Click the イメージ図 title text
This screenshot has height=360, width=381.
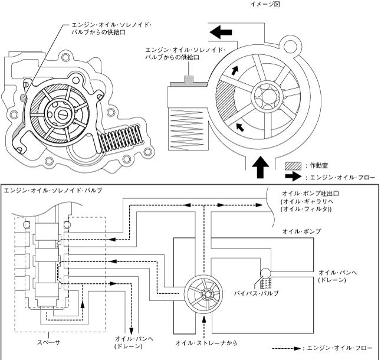pyautogui.click(x=265, y=4)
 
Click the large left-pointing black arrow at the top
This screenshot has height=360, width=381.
pyautogui.click(x=221, y=32)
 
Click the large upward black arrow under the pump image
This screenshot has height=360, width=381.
pyautogui.click(x=261, y=167)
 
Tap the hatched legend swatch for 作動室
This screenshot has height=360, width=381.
pyautogui.click(x=293, y=166)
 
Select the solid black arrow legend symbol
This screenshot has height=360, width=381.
pyautogui.click(x=293, y=176)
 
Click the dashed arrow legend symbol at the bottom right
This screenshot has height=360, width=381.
pyautogui.click(x=287, y=348)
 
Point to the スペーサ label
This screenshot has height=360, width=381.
pyautogui.click(x=48, y=342)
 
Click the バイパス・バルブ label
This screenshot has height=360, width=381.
pyautogui.click(x=256, y=293)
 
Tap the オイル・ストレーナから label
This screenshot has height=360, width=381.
pyautogui.click(x=206, y=343)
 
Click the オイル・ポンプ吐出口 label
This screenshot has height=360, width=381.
pyautogui.click(x=311, y=194)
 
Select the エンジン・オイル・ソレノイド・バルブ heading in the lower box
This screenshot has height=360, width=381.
pyautogui.click(x=53, y=191)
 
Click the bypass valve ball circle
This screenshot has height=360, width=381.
pyautogui.click(x=265, y=273)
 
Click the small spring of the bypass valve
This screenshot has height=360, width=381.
pyautogui.click(x=265, y=283)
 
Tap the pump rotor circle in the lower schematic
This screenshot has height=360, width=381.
pyautogui.click(x=203, y=294)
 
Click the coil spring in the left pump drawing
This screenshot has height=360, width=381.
pyautogui.click(x=120, y=138)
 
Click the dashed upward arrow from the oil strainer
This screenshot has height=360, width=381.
pyautogui.click(x=203, y=327)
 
